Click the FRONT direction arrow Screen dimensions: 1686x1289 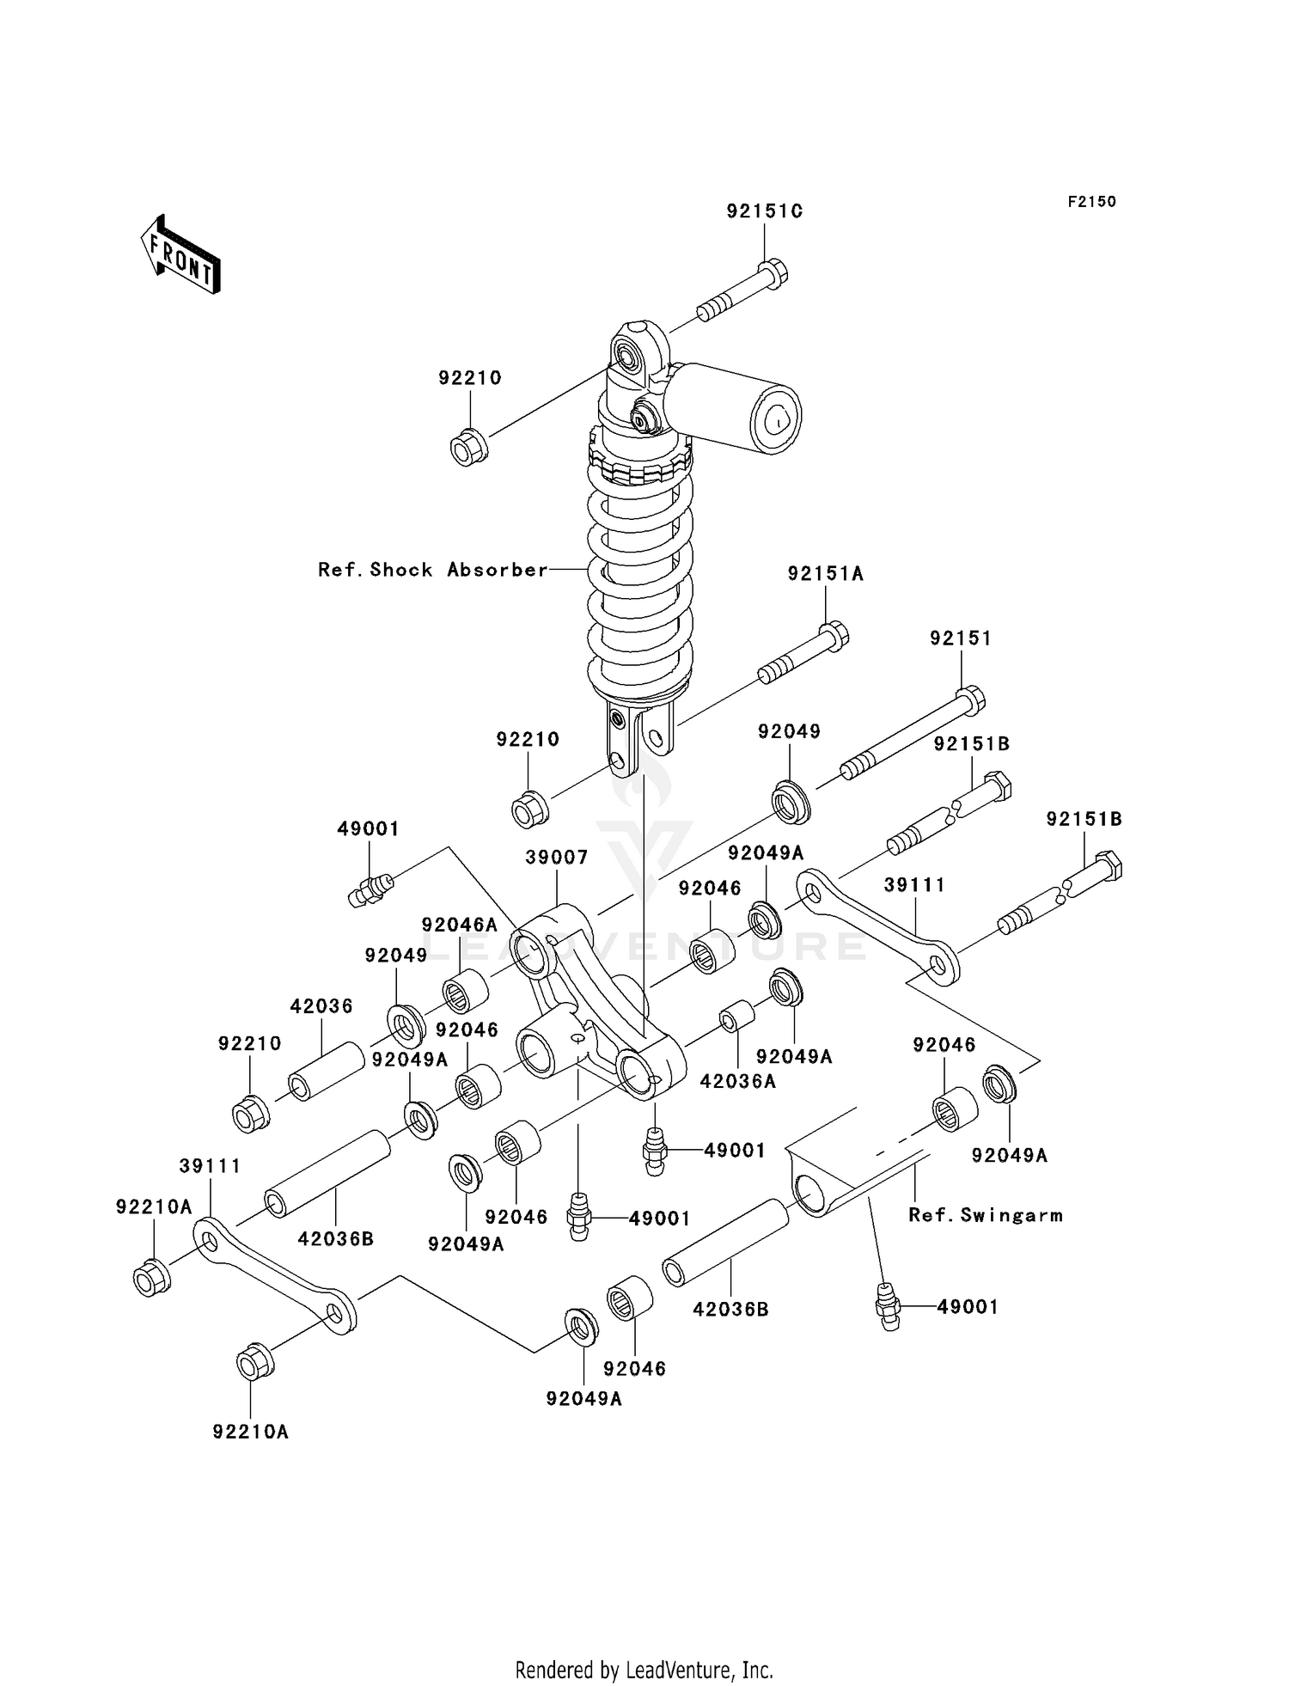coord(180,255)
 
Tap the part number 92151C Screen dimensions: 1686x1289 coord(764,211)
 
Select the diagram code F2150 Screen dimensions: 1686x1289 coord(1091,202)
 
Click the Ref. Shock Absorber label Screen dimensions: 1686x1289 coord(432,570)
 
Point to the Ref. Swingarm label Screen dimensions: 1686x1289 coord(985,1215)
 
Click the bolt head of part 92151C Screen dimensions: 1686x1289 coord(774,273)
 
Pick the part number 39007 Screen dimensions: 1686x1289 coord(557,858)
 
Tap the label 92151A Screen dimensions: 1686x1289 coord(825,574)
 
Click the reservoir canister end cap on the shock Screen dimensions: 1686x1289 coord(776,418)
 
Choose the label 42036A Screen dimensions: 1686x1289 coord(737,1082)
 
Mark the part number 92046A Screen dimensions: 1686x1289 coord(459,925)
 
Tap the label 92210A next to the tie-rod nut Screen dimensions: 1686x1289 coord(154,1207)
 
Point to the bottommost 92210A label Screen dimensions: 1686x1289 coord(250,1432)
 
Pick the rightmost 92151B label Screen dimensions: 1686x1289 coord(1084,819)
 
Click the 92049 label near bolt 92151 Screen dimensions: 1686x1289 coord(789,731)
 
